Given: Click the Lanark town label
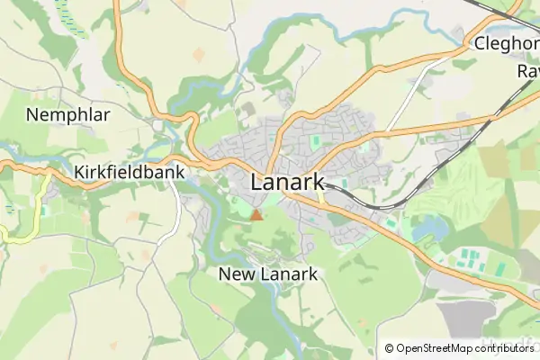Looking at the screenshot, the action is (287, 181).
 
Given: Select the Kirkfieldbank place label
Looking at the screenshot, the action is (130, 173).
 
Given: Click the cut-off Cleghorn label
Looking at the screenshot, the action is (506, 43).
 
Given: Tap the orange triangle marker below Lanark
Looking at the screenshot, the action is (256, 214).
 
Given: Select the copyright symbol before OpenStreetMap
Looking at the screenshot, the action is (389, 347).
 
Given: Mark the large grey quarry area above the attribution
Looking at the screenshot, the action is (466, 317).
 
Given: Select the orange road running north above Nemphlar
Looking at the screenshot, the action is (118, 36).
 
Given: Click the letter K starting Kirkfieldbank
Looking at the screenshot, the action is (81, 173).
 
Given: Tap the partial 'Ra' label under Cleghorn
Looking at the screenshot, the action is (526, 70).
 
